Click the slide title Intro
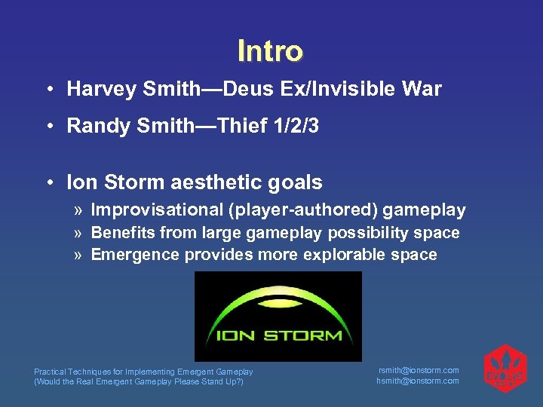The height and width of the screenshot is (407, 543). coord(270,51)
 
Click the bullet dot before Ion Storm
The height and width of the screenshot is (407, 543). coord(48,182)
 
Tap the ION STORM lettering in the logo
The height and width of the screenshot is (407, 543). coord(278,335)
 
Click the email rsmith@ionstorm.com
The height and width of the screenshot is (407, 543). coord(418,370)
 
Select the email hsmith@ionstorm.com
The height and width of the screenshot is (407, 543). coord(418,381)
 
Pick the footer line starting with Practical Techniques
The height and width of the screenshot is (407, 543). coord(143,372)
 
